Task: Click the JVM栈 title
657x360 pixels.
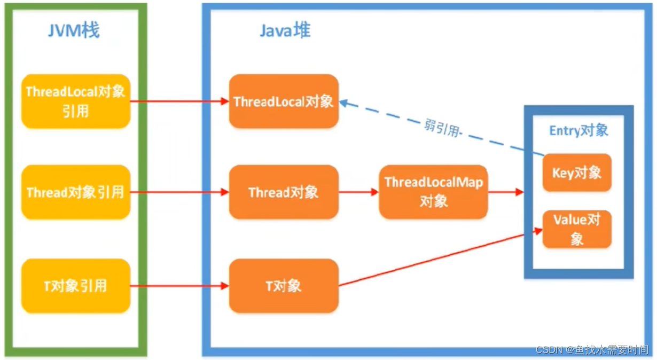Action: point(74,31)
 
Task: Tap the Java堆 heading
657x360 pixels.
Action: point(285,30)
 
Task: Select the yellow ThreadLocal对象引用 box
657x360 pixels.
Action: point(75,101)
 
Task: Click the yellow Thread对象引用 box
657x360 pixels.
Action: point(75,192)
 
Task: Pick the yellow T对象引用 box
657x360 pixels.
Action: point(75,286)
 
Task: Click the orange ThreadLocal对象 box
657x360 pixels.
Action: point(283,101)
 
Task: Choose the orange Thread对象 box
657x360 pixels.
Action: point(283,192)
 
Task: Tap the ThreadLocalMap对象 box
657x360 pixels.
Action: point(433,192)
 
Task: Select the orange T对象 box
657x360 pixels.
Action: point(283,286)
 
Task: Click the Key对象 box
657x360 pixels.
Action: point(577,173)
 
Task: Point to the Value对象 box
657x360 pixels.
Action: point(577,229)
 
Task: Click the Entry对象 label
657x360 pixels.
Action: point(578,131)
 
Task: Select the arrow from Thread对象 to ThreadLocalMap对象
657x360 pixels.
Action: point(358,192)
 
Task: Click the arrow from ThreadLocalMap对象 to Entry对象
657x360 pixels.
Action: point(505,192)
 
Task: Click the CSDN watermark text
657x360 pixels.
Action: point(592,350)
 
